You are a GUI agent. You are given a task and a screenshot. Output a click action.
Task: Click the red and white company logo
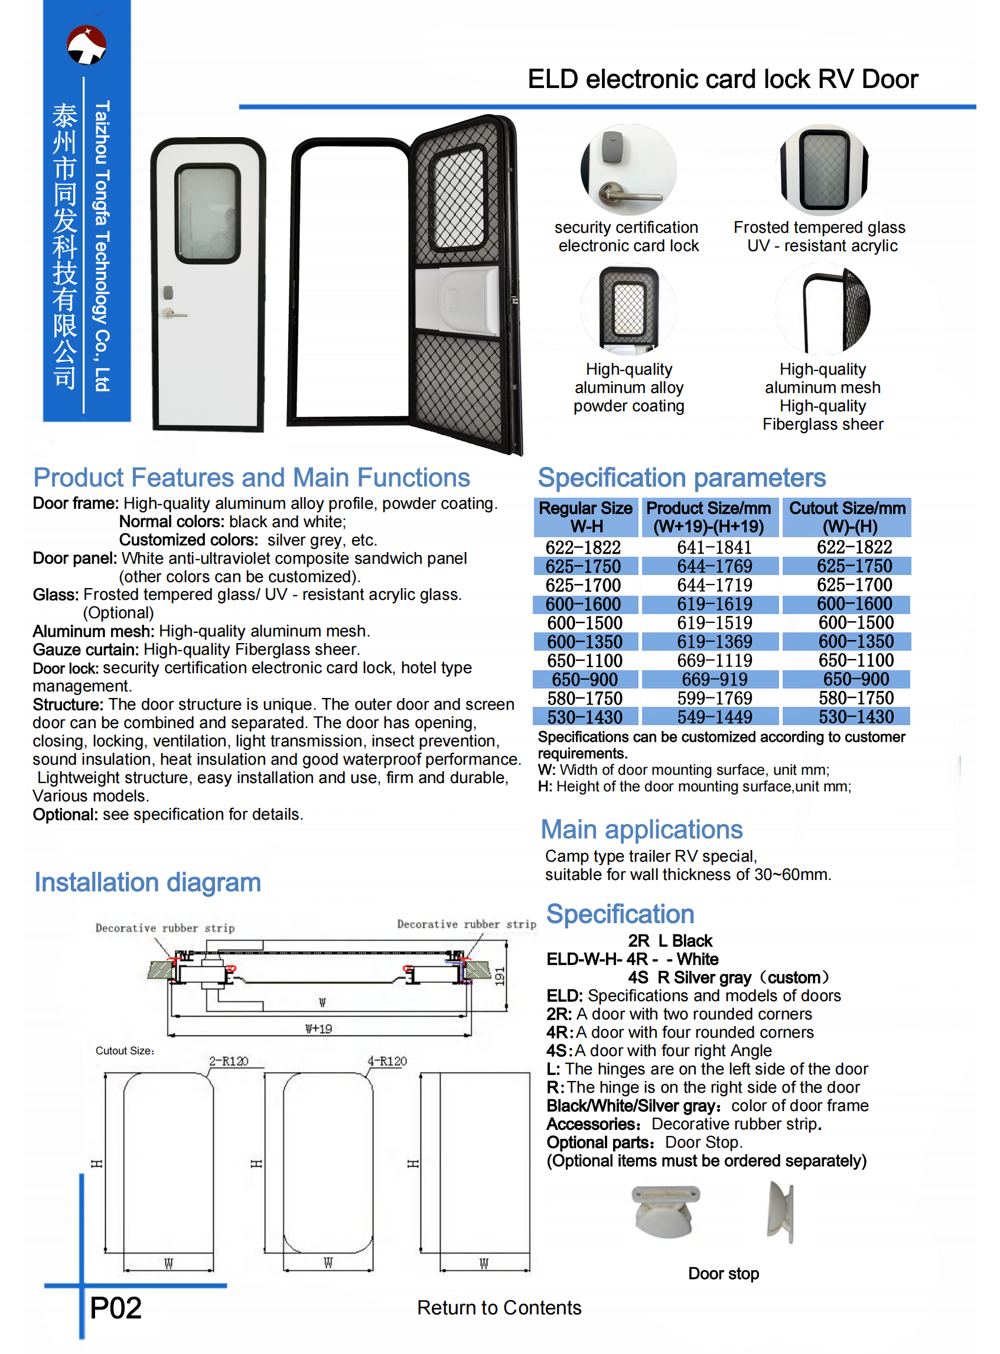tap(87, 44)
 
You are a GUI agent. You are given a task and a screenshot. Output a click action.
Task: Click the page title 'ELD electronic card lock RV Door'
tap(722, 79)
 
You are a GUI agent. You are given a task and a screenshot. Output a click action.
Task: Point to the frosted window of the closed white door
tap(208, 213)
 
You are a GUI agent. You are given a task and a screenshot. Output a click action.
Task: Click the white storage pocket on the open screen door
tap(458, 298)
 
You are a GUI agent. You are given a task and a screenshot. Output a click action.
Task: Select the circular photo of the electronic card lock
tap(628, 170)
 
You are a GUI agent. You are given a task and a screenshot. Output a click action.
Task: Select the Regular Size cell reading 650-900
tap(584, 680)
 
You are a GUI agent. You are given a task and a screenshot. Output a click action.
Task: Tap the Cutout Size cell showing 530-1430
tap(855, 717)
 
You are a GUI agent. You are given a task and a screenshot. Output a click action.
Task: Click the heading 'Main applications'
tap(641, 830)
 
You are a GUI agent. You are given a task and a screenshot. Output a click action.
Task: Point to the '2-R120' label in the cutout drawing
tap(228, 1061)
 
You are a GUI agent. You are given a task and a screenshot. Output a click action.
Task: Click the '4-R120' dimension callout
tap(387, 1061)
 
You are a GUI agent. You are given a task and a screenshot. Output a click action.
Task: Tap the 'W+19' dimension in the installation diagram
tap(318, 1028)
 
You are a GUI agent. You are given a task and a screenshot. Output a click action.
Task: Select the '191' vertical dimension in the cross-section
tap(499, 976)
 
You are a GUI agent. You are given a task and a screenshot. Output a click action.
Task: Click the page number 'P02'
tap(115, 1308)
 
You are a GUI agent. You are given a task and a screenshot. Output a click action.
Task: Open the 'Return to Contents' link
tap(499, 1307)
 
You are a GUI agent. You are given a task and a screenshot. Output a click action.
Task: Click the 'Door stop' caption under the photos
tap(723, 1274)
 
